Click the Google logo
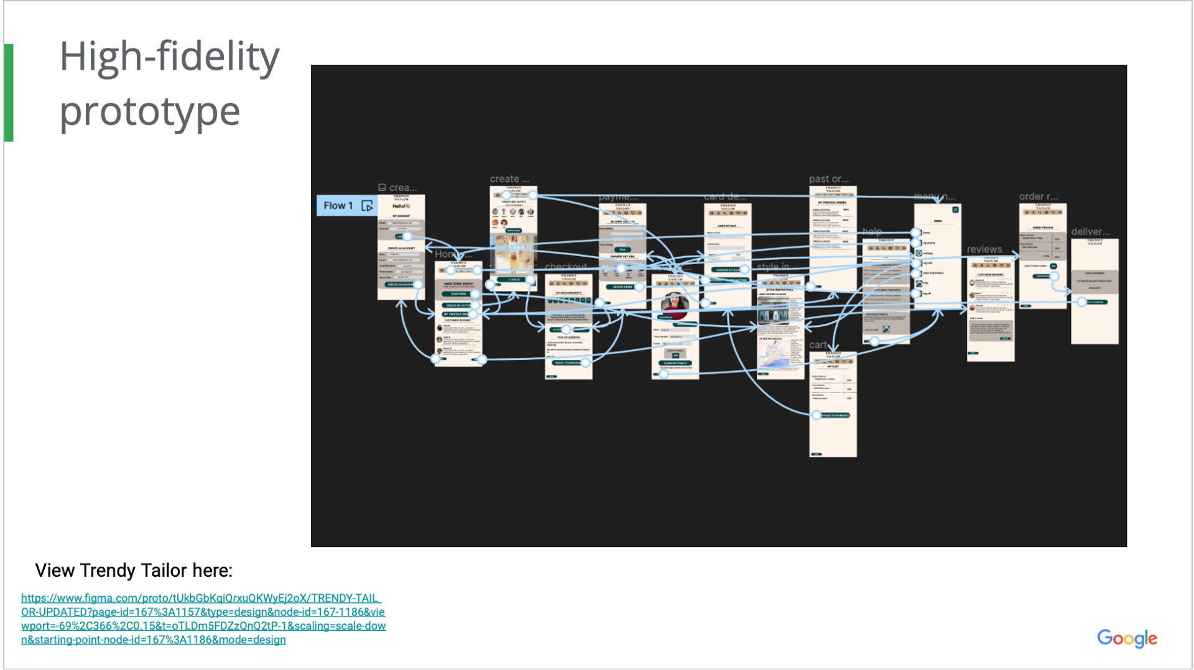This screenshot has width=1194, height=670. point(1126,638)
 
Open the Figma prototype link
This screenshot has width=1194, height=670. point(203,618)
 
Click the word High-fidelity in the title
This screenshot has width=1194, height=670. point(169,57)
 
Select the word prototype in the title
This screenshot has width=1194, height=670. point(149,111)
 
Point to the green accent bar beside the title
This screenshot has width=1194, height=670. point(9,93)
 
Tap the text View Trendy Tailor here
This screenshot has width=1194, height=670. point(134,570)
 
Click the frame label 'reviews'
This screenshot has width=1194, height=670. point(984,249)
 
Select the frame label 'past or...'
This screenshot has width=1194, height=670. point(828,179)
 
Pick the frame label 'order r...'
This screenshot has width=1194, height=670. point(1038,196)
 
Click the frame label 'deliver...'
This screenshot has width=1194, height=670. point(1090,232)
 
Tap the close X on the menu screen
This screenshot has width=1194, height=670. point(955,210)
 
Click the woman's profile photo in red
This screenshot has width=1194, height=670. point(675,305)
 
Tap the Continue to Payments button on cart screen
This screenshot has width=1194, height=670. point(834,415)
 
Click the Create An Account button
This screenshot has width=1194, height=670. point(400,285)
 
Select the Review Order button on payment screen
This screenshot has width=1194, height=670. point(622,287)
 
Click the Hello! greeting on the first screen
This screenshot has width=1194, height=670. point(400,206)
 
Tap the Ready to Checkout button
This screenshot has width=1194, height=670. point(568,362)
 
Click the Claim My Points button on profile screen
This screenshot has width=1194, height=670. point(675,363)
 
